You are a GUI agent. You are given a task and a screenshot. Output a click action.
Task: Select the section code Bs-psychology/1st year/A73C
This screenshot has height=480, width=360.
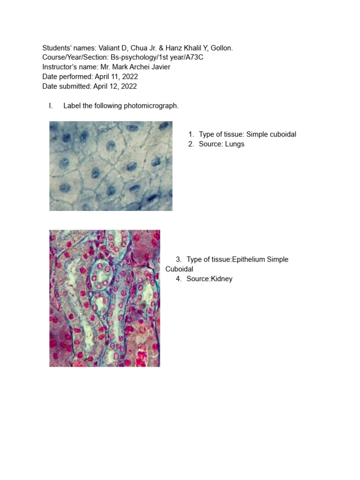click(x=157, y=57)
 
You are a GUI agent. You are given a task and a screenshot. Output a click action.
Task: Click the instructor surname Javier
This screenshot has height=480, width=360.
click(x=159, y=67)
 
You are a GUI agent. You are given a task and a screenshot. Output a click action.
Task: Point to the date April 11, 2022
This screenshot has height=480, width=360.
click(x=116, y=76)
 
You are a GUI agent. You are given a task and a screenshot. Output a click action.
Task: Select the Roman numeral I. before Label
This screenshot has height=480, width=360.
click(x=51, y=105)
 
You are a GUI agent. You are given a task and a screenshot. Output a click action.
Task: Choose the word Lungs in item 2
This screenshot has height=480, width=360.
click(x=234, y=144)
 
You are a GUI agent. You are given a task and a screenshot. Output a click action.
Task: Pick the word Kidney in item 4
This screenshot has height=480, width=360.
click(x=222, y=279)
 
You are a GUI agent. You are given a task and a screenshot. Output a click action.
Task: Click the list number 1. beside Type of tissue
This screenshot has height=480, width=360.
click(x=191, y=135)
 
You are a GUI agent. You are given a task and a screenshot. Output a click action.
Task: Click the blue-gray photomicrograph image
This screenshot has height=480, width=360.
click(x=111, y=166)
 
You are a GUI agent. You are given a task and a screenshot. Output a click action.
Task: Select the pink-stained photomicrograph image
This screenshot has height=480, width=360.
click(x=105, y=298)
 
